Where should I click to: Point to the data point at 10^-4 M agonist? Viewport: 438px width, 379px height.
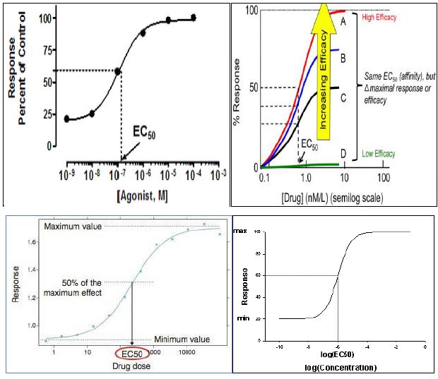point(194,18)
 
